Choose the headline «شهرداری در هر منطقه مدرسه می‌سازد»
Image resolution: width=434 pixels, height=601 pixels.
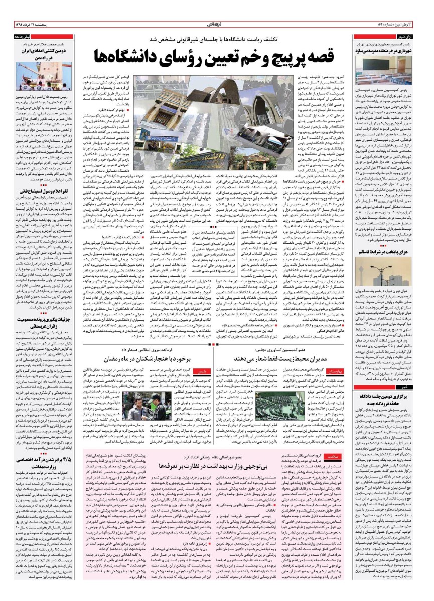(x=392, y=52)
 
